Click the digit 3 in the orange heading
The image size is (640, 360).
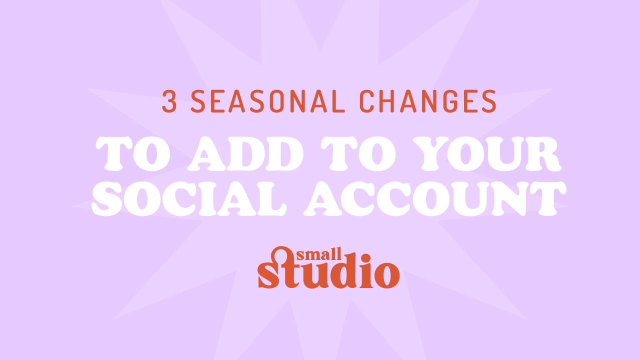pos(169,101)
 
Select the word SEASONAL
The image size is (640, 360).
pos(268,101)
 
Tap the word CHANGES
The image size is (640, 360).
pos(427,101)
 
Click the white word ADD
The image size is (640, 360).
pos(245,153)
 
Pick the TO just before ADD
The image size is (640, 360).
pos(133,153)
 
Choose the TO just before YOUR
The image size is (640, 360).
pos(358,153)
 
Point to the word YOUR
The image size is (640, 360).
pos(487,153)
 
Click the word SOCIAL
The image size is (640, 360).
pos(189,199)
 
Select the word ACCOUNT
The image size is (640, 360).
pos(435,199)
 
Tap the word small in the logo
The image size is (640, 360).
pos(319,254)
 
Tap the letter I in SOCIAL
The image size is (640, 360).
pos(207,199)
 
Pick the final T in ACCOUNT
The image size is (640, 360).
pos(548,199)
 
